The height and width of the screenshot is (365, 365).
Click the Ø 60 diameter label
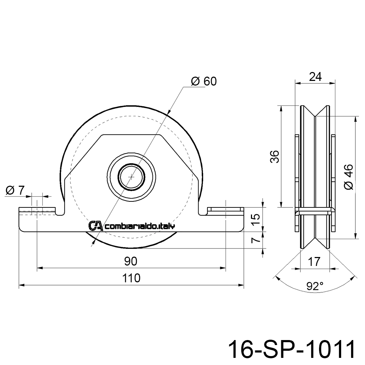[x=204, y=81]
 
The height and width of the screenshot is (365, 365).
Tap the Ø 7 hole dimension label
[x=15, y=190]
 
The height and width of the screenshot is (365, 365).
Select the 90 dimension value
[x=131, y=261]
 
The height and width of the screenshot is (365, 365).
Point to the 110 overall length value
[x=131, y=278]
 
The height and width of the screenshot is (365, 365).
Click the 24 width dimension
[x=315, y=77]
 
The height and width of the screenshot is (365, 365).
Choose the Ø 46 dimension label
[x=349, y=177]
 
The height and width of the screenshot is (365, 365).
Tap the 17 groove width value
[x=314, y=262]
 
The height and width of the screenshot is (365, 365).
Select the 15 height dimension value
[x=256, y=219]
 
